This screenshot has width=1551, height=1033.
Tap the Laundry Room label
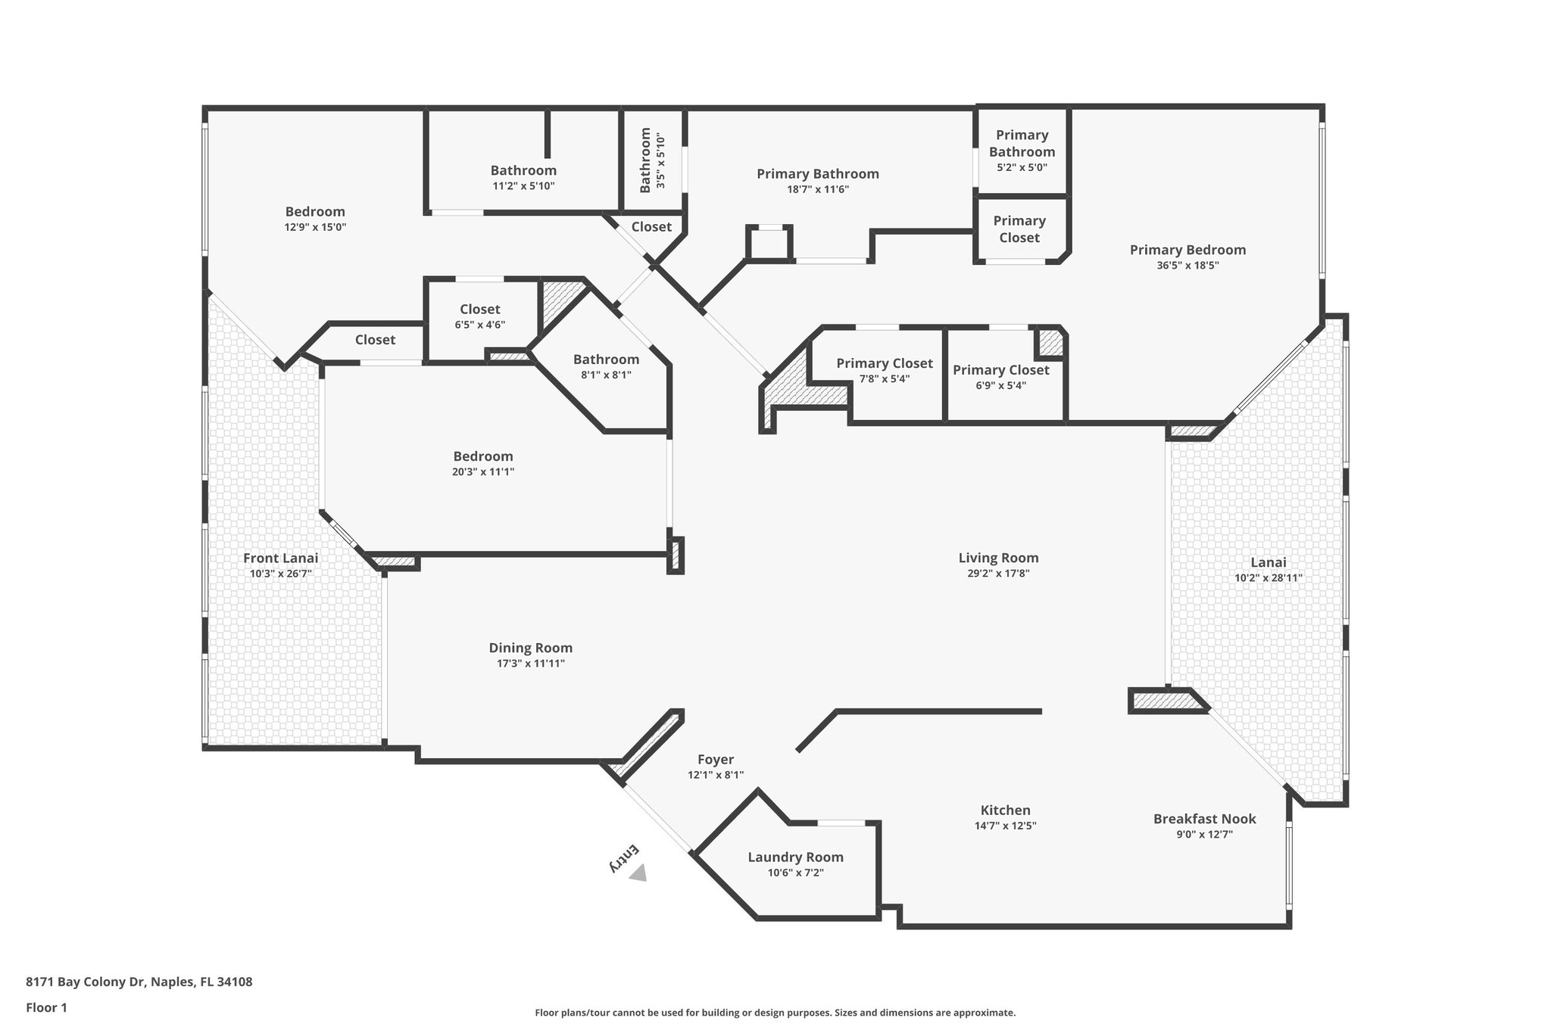pyautogui.click(x=795, y=857)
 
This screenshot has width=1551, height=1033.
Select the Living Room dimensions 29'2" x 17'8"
pyautogui.click(x=998, y=574)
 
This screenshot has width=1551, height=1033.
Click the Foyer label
pyautogui.click(x=716, y=759)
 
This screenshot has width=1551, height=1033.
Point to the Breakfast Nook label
pyautogui.click(x=1204, y=818)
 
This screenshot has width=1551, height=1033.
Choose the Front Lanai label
pyautogui.click(x=280, y=558)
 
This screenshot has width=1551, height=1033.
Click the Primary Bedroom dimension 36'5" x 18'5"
pyautogui.click(x=1187, y=266)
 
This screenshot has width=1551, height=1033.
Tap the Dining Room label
pyautogui.click(x=530, y=648)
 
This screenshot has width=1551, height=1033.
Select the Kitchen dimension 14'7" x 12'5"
pyautogui.click(x=1005, y=826)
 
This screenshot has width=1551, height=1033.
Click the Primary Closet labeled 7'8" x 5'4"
pyautogui.click(x=884, y=364)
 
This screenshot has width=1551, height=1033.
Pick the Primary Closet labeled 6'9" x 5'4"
pyautogui.click(x=1000, y=370)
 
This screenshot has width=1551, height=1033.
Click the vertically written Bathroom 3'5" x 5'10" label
pyautogui.click(x=645, y=160)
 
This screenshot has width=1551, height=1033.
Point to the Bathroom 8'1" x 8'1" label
pyautogui.click(x=606, y=359)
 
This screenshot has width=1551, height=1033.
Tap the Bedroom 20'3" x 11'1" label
pyautogui.click(x=483, y=456)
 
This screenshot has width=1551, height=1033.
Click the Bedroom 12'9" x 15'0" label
pyautogui.click(x=315, y=212)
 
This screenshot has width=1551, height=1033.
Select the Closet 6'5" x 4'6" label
pyautogui.click(x=479, y=310)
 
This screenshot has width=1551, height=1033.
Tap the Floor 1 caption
pyautogui.click(x=46, y=1007)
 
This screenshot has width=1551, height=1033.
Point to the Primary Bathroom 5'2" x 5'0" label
pyautogui.click(x=1022, y=143)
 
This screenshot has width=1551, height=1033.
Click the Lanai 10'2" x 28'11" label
pyautogui.click(x=1268, y=562)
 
